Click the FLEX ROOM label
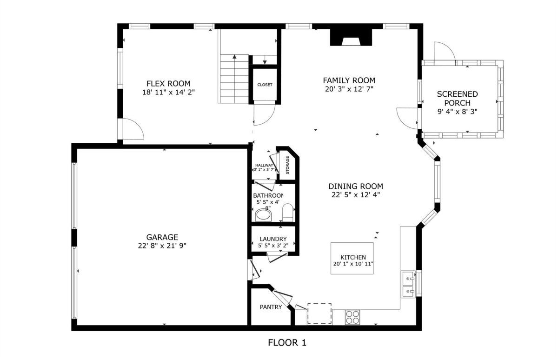168,83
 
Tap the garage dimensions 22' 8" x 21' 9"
162,246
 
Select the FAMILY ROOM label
349,80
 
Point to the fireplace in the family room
351,37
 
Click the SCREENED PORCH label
458,99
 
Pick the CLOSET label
265,85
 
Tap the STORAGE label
287,165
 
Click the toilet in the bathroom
288,212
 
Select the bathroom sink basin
263,215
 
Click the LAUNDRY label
273,239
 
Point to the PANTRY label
271,307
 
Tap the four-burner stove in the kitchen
352,317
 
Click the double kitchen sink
408,284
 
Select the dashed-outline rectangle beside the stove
319,313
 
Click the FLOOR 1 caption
287,343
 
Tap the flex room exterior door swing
133,129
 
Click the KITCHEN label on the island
353,257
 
